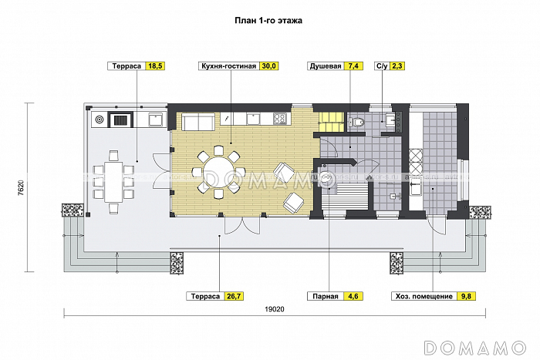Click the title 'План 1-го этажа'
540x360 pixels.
269,22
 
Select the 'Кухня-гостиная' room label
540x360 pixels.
228,67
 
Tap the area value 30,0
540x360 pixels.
270,67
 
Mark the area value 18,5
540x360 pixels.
155,67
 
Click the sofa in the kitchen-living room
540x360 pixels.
197,122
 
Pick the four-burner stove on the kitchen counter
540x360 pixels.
279,118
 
